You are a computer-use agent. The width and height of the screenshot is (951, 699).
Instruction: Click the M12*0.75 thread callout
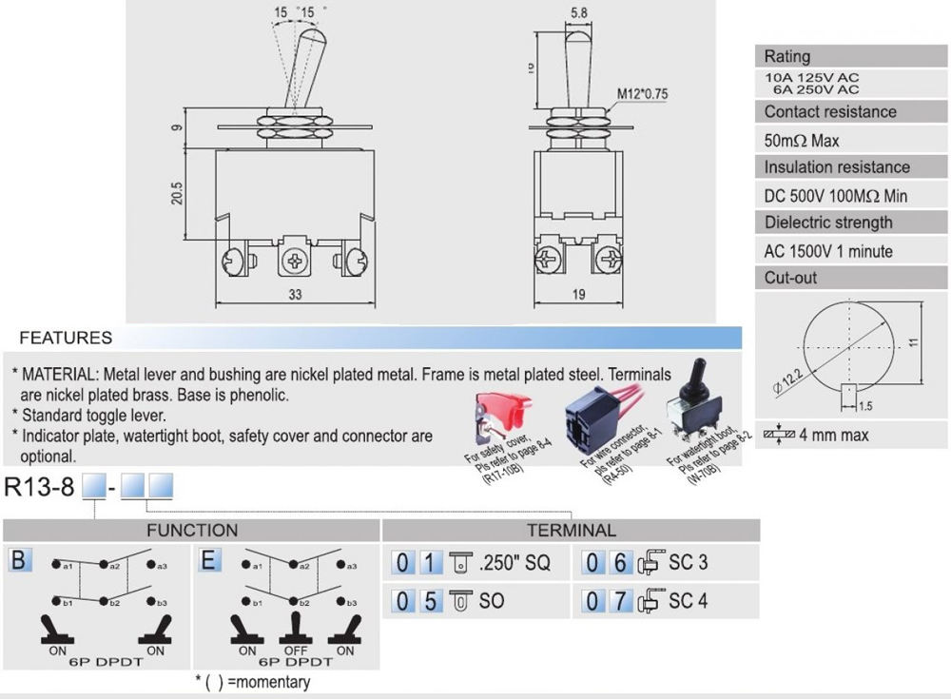[x=643, y=93]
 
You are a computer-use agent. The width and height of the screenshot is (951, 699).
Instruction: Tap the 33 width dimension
[x=295, y=295]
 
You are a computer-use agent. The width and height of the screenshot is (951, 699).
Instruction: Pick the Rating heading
[x=787, y=56]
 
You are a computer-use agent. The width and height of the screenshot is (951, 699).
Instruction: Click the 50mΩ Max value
[x=802, y=141]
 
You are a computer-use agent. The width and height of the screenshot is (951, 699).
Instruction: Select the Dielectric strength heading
[x=828, y=223]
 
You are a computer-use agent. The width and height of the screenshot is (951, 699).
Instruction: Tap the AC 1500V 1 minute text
[x=828, y=251]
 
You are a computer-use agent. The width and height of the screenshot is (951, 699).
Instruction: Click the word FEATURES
[x=66, y=338]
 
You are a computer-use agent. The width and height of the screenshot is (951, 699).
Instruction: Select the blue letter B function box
[x=19, y=560]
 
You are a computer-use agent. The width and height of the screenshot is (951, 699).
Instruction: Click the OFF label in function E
[x=297, y=650]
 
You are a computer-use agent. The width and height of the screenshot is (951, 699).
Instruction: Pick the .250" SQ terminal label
[x=515, y=563]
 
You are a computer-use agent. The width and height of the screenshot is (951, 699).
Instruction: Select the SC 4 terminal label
[x=689, y=601]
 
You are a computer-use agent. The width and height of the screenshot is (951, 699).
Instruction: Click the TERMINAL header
[x=571, y=530]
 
